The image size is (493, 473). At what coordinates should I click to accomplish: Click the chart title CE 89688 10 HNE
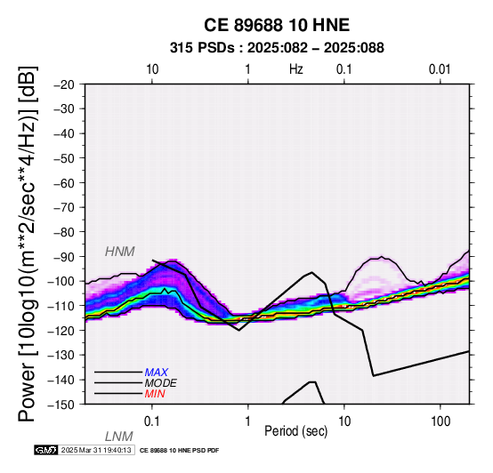click(x=277, y=25)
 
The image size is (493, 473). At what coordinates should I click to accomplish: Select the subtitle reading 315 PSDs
click(x=202, y=48)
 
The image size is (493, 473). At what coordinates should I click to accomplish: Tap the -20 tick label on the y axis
click(x=64, y=84)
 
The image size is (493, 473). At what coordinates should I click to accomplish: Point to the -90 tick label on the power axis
click(x=64, y=257)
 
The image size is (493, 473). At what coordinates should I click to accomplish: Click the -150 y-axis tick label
click(x=61, y=405)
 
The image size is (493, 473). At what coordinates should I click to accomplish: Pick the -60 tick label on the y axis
click(x=64, y=183)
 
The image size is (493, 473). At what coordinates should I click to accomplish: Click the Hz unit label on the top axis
click(x=295, y=69)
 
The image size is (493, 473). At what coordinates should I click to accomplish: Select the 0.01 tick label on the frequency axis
click(x=440, y=69)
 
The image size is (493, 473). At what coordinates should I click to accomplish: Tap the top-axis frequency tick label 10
click(x=152, y=69)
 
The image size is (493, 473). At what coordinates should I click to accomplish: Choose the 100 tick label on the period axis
click(x=440, y=421)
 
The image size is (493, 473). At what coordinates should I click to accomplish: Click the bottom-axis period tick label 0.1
click(x=152, y=421)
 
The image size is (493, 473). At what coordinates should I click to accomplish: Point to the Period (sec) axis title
click(x=295, y=431)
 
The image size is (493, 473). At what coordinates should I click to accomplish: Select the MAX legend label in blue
click(x=156, y=373)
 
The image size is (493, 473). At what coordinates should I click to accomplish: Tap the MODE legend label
click(x=161, y=383)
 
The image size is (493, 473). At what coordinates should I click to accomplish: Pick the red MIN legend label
click(x=155, y=394)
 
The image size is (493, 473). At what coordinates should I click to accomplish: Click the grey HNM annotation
click(x=120, y=252)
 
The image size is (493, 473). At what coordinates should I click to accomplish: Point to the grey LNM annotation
click(x=119, y=437)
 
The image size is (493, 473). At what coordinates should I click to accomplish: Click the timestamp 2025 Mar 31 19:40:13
click(x=96, y=450)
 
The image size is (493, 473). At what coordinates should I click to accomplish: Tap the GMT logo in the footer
click(x=46, y=450)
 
